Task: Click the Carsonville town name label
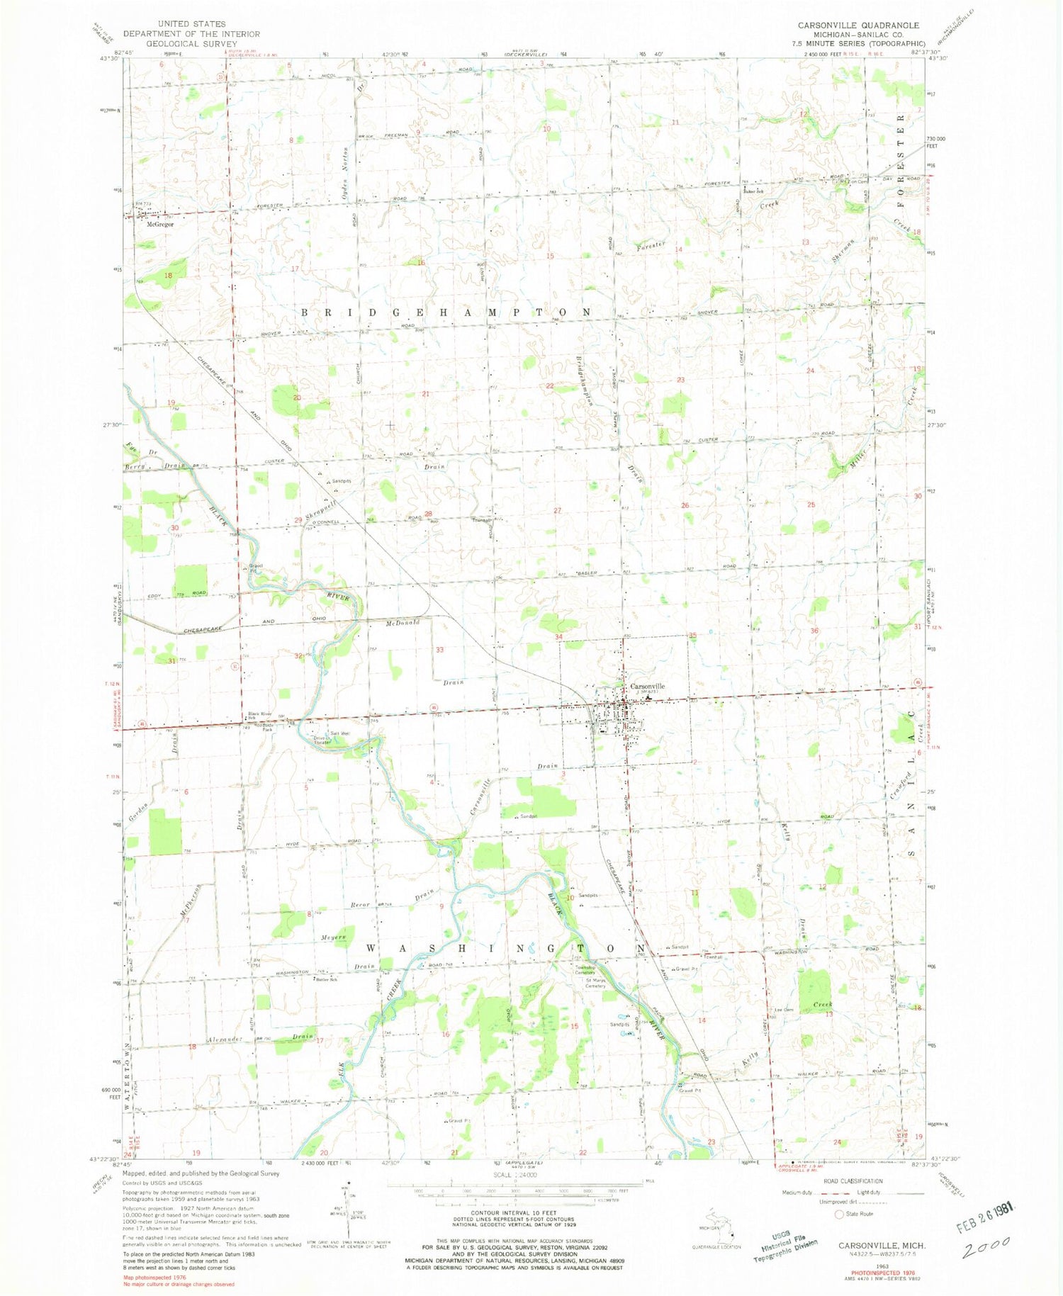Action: pos(647,686)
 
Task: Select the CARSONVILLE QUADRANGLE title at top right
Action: pos(858,25)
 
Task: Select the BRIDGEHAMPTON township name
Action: pos(446,312)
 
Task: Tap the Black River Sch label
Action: pos(259,715)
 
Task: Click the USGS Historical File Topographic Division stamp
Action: pos(784,1245)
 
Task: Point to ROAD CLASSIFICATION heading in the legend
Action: pos(853,1181)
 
